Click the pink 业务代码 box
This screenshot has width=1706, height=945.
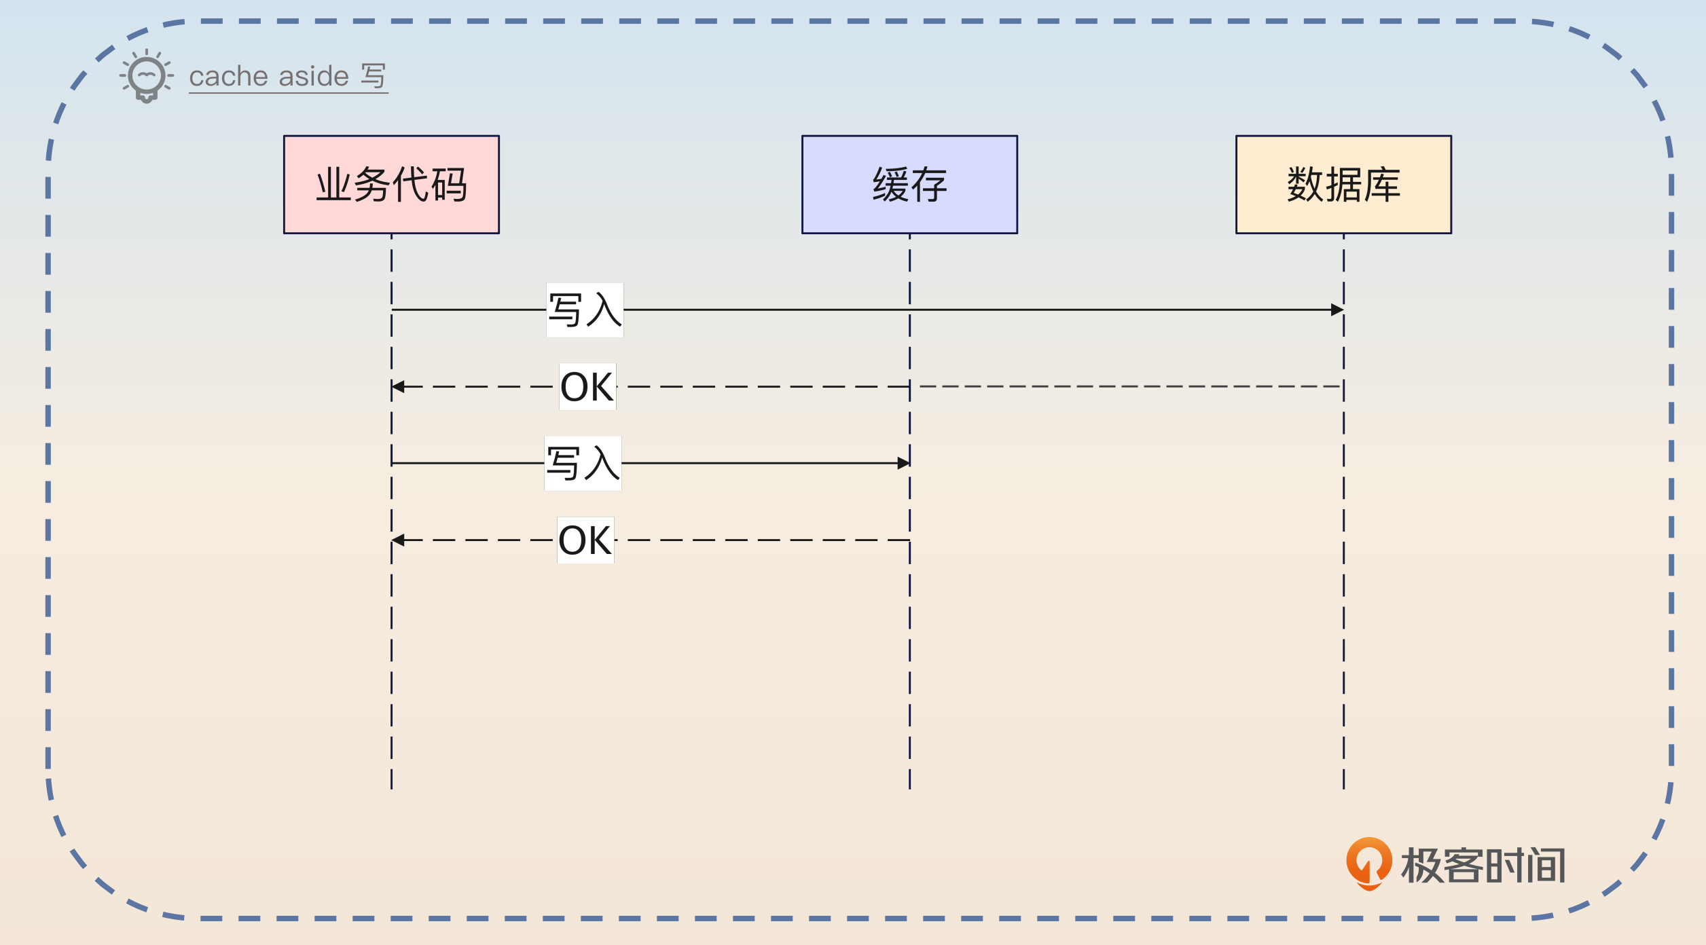click(x=391, y=185)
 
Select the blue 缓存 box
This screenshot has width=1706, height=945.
click(x=909, y=185)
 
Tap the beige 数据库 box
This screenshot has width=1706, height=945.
click(x=1343, y=185)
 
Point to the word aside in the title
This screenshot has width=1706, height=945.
click(x=314, y=77)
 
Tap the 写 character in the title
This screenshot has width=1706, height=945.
click(x=373, y=76)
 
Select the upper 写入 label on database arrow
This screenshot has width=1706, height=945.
click(x=585, y=310)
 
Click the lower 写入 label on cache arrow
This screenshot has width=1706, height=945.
click(x=583, y=464)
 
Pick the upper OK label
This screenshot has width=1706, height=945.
click(x=587, y=387)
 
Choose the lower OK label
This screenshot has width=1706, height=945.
click(x=585, y=540)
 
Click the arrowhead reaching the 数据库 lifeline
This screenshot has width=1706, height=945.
click(x=1337, y=310)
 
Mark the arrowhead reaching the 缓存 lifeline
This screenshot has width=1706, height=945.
click(x=903, y=464)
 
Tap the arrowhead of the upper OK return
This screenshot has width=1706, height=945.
click(x=399, y=387)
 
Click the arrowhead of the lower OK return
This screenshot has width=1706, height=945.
click(x=399, y=540)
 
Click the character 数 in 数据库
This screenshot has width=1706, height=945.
click(x=1305, y=185)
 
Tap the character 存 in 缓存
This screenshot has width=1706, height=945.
click(x=928, y=185)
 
